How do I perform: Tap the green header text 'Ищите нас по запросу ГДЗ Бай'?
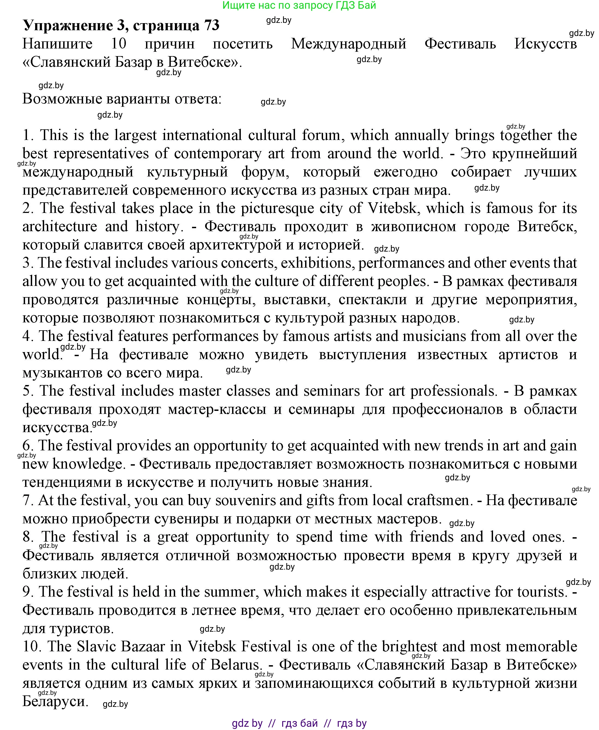pos(299,5)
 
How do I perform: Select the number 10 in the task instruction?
pos(118,44)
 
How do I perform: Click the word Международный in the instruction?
pos(348,44)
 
